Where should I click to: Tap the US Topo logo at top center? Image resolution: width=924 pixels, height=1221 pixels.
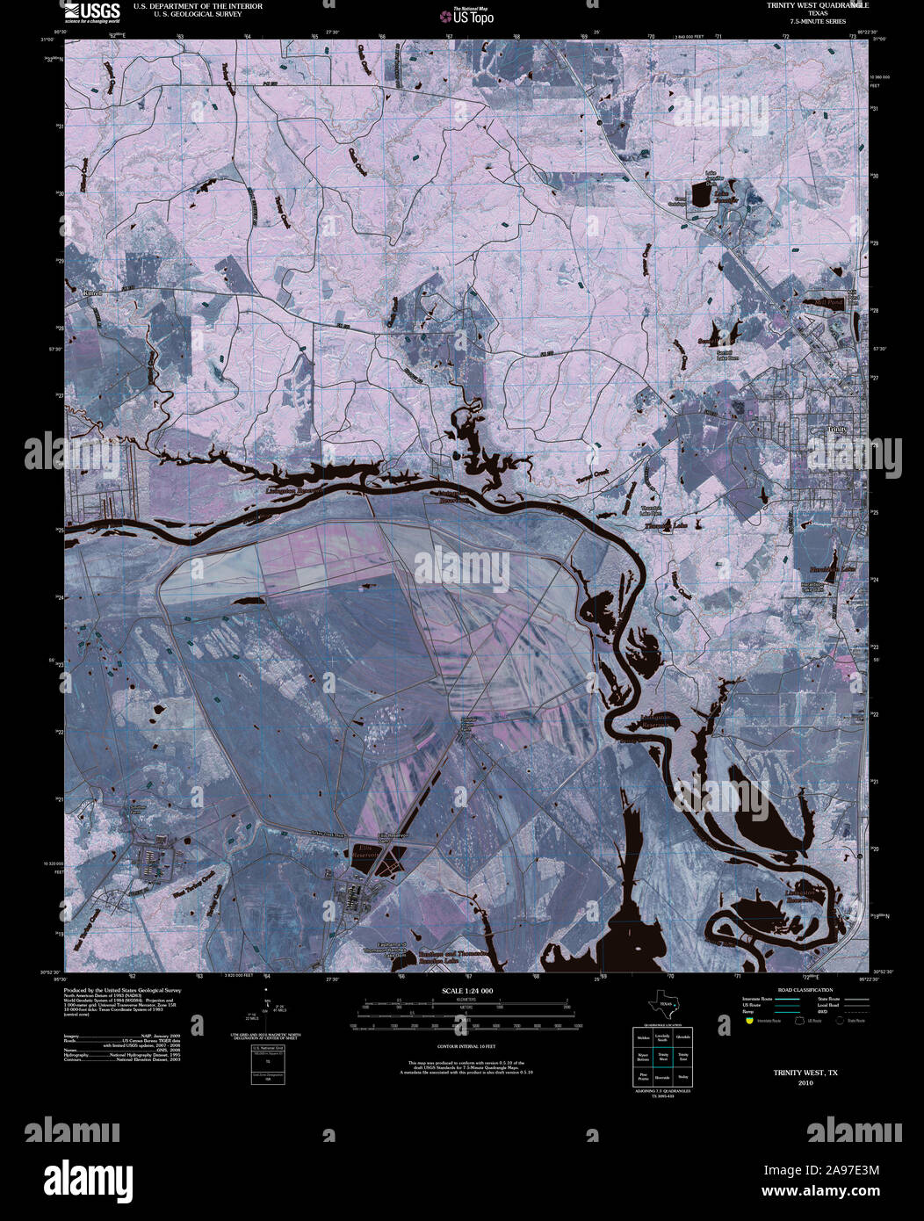point(473,15)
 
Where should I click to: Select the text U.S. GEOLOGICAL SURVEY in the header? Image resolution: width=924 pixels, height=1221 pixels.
point(187,14)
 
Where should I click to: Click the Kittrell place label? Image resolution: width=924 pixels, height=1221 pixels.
point(92,293)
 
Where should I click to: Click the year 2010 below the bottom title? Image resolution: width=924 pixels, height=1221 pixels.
point(805,1083)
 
